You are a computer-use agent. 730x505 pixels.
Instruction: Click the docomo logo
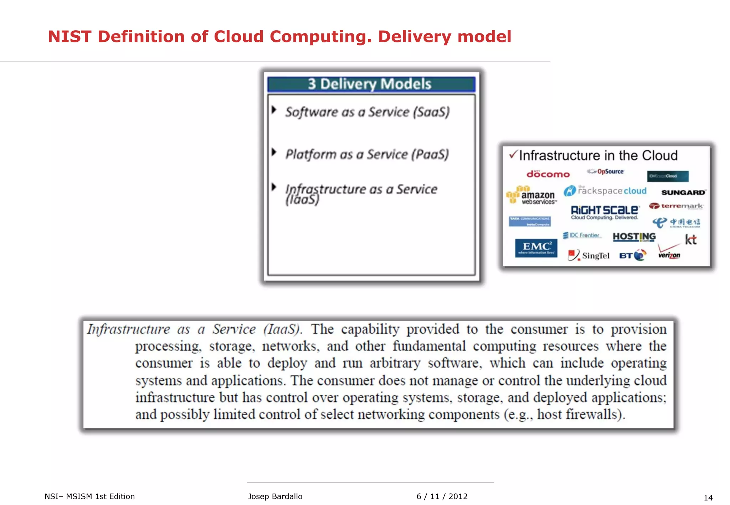point(548,174)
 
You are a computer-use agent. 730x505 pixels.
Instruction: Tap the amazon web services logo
point(531,196)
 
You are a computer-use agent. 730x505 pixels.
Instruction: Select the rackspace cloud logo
point(605,191)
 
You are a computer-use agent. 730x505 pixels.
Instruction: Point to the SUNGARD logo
point(683,192)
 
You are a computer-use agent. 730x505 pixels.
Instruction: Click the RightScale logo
point(605,212)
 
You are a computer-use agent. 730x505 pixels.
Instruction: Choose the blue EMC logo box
point(536,248)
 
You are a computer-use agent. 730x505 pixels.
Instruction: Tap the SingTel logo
point(589,255)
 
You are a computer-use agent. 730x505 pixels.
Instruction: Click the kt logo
point(691,240)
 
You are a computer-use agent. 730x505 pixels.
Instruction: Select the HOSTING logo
point(634,237)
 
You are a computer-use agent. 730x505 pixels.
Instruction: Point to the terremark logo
point(676,206)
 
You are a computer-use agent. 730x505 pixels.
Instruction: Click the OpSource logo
point(606,172)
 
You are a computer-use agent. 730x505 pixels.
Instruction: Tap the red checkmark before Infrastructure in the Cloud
point(513,155)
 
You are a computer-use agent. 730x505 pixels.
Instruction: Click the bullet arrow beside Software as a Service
point(274,110)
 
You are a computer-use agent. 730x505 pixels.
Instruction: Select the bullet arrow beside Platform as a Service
point(274,152)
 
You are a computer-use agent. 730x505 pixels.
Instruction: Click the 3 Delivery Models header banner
point(371,84)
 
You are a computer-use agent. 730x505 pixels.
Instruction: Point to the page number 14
point(708,498)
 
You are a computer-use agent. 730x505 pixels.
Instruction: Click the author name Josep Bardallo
point(275,496)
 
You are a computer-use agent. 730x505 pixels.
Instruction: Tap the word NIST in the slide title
point(70,37)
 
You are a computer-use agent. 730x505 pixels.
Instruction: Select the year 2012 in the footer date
point(458,496)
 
